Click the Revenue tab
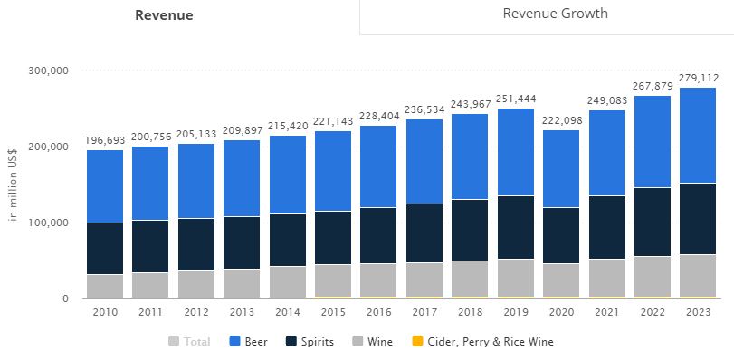tap(164, 15)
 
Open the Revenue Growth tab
tap(555, 14)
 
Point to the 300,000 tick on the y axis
tap(51, 71)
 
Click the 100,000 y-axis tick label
tap(51, 223)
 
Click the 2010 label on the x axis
tap(105, 312)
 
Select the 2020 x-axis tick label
tap(561, 312)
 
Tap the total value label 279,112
tap(698, 78)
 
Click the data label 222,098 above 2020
tap(561, 121)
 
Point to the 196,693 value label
tap(105, 140)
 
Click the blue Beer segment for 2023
tap(698, 135)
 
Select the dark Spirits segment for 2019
tap(516, 227)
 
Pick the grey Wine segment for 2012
tap(196, 284)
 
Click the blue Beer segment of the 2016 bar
tap(378, 166)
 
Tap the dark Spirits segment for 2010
tap(105, 248)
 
